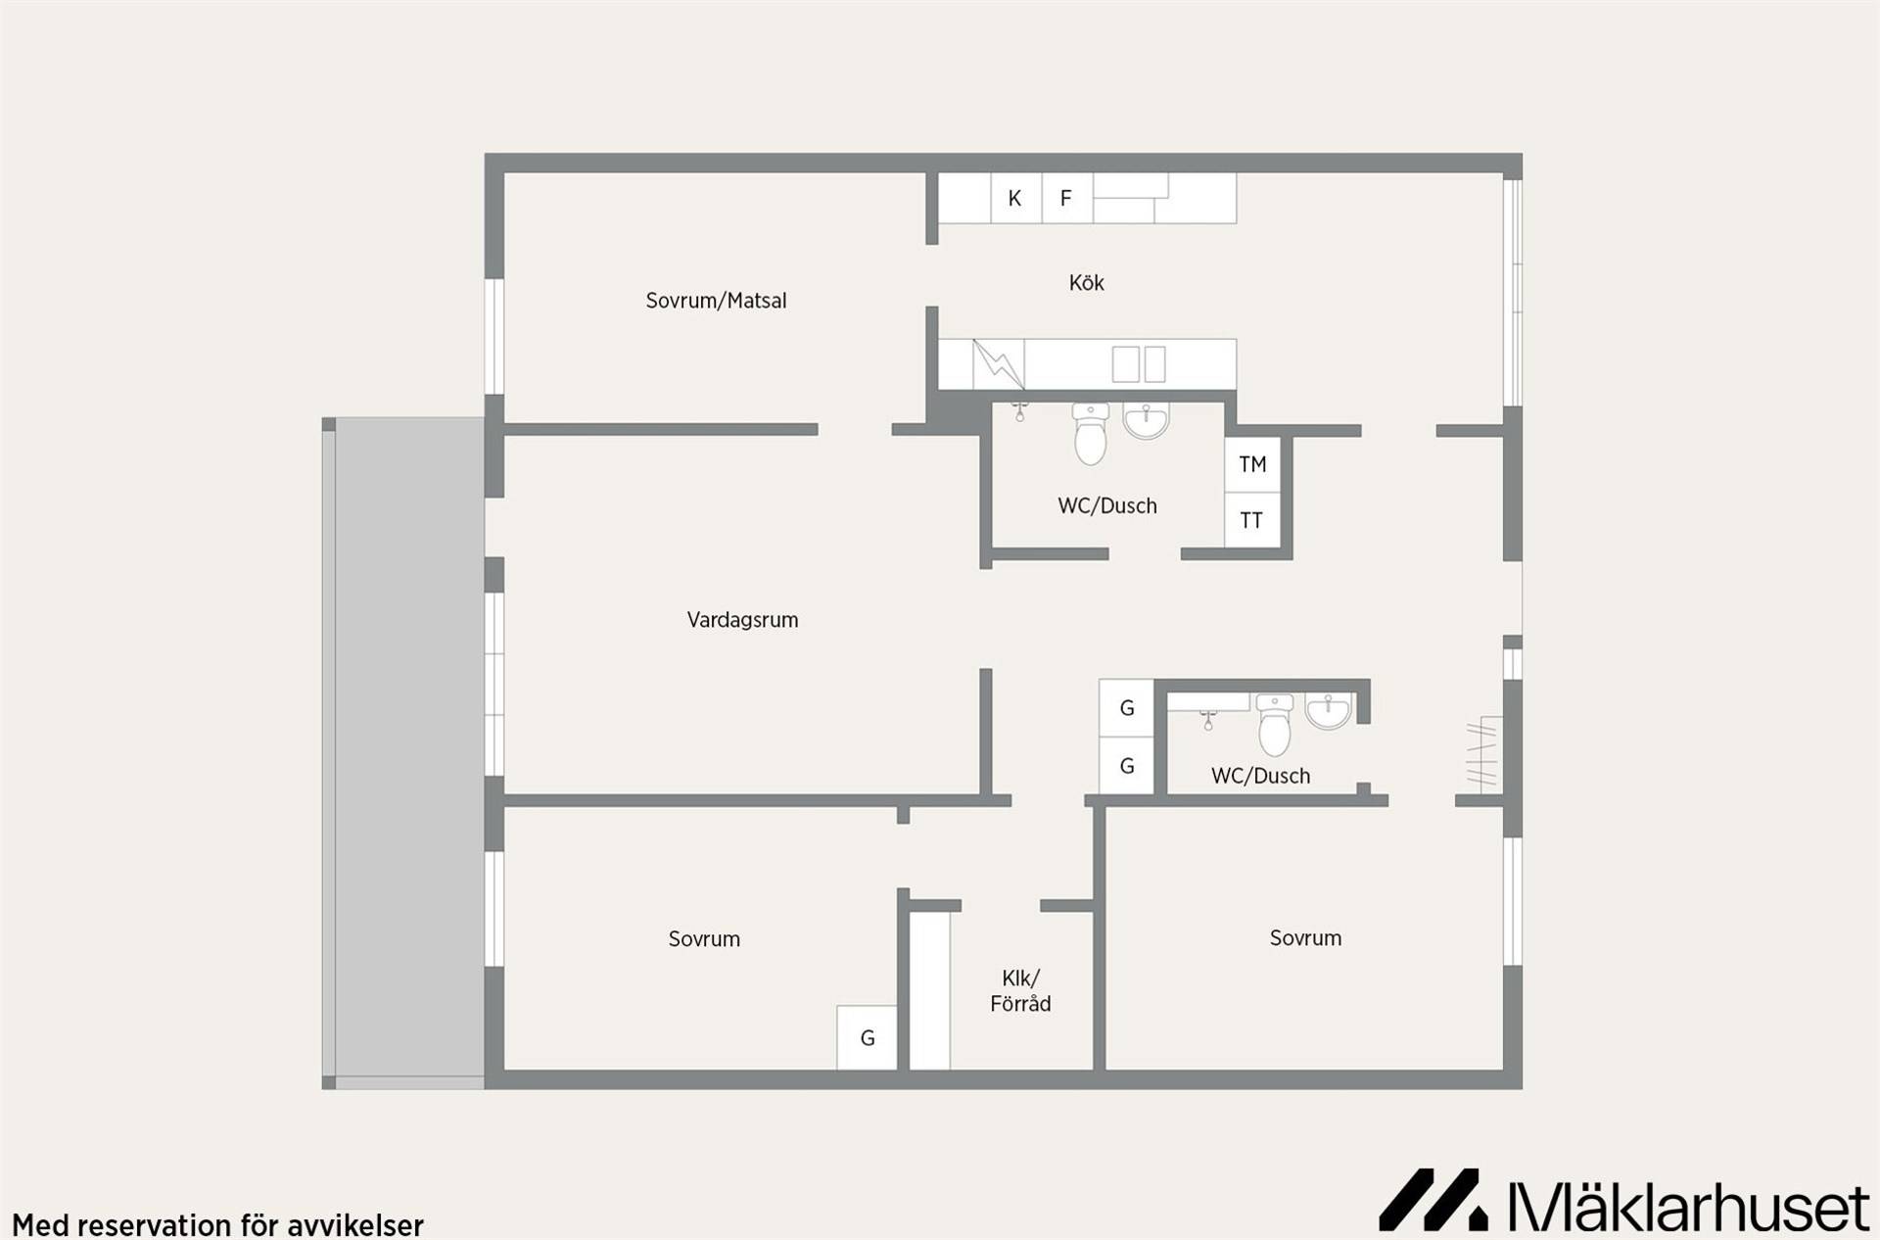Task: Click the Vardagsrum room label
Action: point(742,620)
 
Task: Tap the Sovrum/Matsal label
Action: point(716,301)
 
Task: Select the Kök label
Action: point(1086,283)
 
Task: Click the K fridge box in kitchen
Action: point(1015,199)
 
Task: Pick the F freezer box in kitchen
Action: point(1066,199)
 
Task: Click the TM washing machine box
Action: point(1252,464)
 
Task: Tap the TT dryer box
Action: point(1252,520)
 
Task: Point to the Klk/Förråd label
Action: point(1020,991)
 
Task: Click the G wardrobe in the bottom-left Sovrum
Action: point(867,1038)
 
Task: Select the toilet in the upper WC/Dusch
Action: point(1090,433)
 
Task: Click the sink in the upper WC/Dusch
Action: point(1146,420)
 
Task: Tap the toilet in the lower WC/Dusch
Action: point(1274,725)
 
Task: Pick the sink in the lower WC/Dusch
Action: point(1329,711)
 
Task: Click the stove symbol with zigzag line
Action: point(999,364)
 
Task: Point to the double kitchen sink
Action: point(1139,364)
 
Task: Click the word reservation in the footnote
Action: point(156,1225)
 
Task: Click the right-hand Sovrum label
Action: point(1305,938)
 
